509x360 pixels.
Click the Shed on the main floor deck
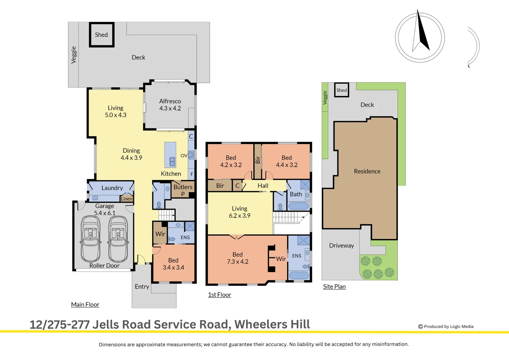102,35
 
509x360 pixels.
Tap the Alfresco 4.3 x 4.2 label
170,105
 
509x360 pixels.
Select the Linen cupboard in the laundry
127,199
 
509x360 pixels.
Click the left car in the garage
91,239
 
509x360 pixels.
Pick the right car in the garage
118,239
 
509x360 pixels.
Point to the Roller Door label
104,266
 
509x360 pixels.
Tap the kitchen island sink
172,162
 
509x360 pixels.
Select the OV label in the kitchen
184,156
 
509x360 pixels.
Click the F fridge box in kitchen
192,174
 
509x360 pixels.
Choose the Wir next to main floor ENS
160,234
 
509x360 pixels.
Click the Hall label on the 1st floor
263,186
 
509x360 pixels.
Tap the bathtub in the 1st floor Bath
298,206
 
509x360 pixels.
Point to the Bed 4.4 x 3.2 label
287,161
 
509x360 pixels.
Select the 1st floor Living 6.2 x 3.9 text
240,212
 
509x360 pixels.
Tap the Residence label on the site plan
367,171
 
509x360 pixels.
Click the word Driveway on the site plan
341,246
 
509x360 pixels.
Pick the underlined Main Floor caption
85,305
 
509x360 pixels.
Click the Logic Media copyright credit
446,327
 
